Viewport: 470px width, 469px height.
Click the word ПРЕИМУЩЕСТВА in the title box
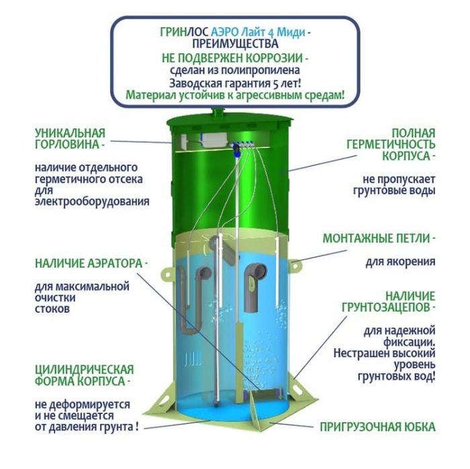pos(235,44)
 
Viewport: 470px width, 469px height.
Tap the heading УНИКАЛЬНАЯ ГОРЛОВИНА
pos(70,139)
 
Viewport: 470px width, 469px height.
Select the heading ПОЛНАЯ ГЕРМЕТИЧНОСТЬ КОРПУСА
pos(391,144)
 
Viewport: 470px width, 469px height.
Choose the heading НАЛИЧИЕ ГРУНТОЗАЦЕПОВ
pos(389,301)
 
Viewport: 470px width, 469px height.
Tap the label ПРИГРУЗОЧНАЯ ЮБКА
pos(377,427)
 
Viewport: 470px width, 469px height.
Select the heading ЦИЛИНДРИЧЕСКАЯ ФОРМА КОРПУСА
pos(84,375)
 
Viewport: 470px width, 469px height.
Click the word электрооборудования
pos(92,201)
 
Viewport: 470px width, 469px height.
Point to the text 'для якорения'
pos(400,262)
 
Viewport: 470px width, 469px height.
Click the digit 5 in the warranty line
pos(275,84)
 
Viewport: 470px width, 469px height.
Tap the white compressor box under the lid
pos(214,140)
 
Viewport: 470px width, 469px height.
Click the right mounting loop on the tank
pos(295,264)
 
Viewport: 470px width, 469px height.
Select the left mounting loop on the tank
pos(167,274)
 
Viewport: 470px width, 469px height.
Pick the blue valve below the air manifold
pos(236,150)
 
